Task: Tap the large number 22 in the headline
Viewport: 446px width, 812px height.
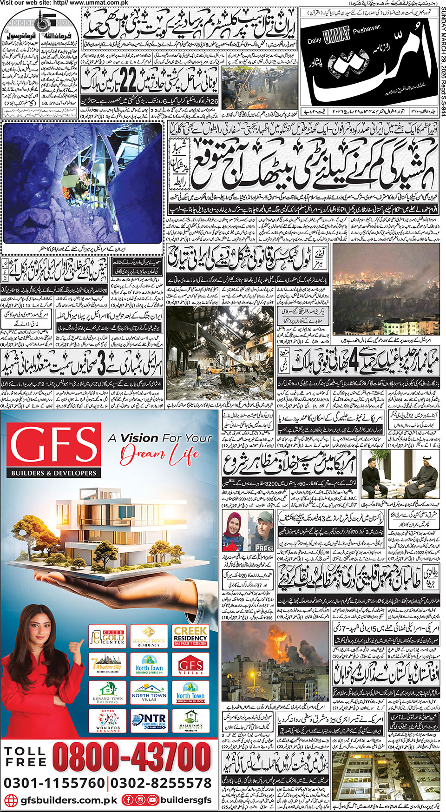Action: pyautogui.click(x=126, y=79)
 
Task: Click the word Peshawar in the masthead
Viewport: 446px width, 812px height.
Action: pyautogui.click(x=365, y=33)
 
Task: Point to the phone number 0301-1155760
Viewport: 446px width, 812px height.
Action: pyautogui.click(x=54, y=783)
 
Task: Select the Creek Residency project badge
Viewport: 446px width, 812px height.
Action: pyautogui.click(x=190, y=635)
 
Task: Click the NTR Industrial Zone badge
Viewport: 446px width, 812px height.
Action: pyautogui.click(x=149, y=721)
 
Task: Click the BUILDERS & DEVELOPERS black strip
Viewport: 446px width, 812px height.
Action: pyautogui.click(x=54, y=473)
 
